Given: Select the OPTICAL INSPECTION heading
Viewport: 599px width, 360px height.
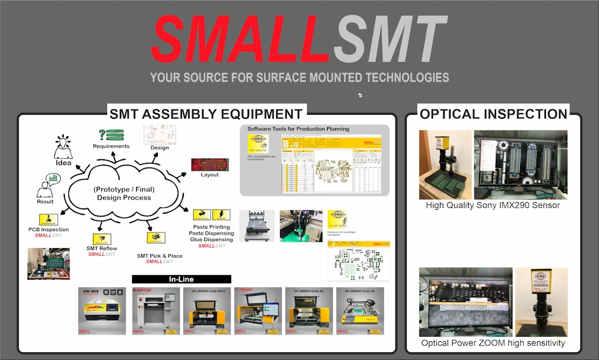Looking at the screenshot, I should [x=494, y=114].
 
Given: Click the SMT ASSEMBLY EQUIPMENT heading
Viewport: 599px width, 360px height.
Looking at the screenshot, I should [x=206, y=114].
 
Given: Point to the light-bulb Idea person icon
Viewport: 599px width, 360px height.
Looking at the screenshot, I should [x=63, y=148].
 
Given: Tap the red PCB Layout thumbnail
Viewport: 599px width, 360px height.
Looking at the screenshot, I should [x=209, y=164].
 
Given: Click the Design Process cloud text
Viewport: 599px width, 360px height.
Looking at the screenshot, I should [x=124, y=193].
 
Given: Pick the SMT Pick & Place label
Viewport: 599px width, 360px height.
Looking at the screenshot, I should [x=159, y=256].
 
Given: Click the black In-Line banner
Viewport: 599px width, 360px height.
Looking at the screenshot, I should [x=181, y=279].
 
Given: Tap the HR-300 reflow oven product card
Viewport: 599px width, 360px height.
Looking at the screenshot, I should [x=102, y=311].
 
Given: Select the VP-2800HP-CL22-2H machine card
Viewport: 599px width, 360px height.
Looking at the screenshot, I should [x=360, y=311].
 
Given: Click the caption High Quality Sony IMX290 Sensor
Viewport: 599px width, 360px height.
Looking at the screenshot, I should [x=493, y=205].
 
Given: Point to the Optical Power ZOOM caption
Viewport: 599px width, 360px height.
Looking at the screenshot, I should [x=493, y=342].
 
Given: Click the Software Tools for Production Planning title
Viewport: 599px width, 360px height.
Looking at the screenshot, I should [x=298, y=129].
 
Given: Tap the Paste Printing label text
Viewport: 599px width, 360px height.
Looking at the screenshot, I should [x=211, y=227].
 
